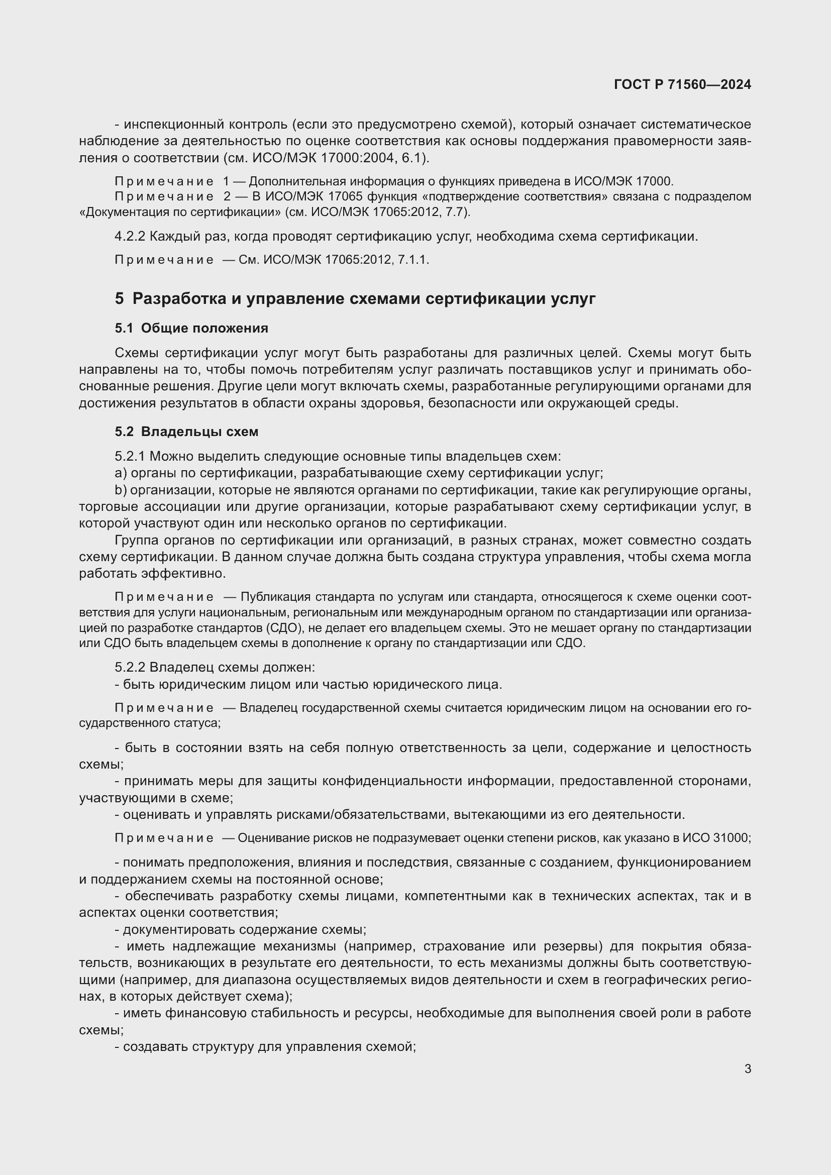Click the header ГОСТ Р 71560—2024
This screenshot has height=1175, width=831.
682,85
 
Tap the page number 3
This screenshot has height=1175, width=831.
748,1069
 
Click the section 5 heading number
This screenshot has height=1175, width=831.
119,299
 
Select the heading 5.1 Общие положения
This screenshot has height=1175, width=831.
191,328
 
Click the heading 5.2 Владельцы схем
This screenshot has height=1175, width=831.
186,432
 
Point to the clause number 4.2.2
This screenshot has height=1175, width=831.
130,237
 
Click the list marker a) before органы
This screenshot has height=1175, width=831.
121,473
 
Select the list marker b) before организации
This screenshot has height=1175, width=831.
121,490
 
